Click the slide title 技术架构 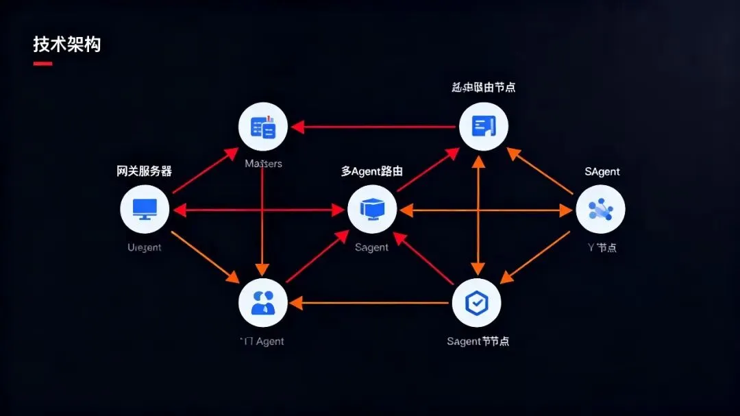[x=66, y=45]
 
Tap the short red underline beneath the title [x=42, y=64]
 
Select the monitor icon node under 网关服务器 [x=145, y=209]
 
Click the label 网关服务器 [x=145, y=171]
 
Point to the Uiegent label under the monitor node [x=145, y=247]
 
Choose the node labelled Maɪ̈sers [x=263, y=127]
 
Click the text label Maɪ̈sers [x=263, y=164]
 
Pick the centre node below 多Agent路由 [x=372, y=209]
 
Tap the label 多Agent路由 [x=372, y=171]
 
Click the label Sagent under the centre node [x=372, y=247]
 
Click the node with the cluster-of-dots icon [x=600, y=209]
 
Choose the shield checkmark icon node [x=477, y=302]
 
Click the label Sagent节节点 [x=478, y=341]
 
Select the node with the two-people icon [x=263, y=302]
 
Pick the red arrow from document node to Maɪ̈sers [x=373, y=127]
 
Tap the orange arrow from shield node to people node [x=370, y=302]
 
